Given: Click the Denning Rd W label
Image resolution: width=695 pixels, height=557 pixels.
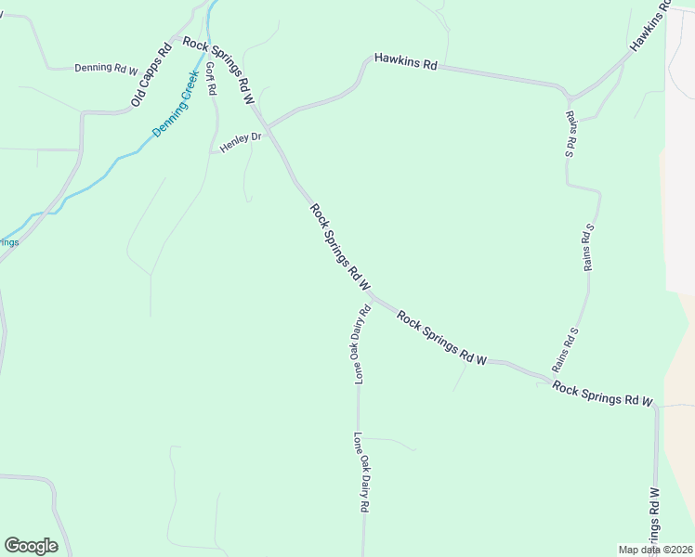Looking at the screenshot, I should pos(106,68).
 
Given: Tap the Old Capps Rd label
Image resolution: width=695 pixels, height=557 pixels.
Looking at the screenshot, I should pos(151,73).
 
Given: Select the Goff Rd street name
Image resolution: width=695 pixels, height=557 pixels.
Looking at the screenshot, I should pos(211,79).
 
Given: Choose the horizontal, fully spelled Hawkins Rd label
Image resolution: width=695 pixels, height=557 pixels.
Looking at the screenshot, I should pos(405,61).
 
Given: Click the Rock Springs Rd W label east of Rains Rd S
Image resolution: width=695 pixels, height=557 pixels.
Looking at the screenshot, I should pos(602,393).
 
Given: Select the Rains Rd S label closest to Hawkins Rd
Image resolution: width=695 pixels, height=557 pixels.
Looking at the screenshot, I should pos(570,135).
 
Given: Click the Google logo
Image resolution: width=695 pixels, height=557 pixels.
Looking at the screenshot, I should pos(31,546).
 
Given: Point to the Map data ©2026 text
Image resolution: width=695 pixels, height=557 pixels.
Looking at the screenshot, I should pos(655,550).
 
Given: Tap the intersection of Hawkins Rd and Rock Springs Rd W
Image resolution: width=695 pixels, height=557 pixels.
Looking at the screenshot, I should pos(268,125).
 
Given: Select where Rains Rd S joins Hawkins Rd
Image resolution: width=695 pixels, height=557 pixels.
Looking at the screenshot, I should pos(568,97).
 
